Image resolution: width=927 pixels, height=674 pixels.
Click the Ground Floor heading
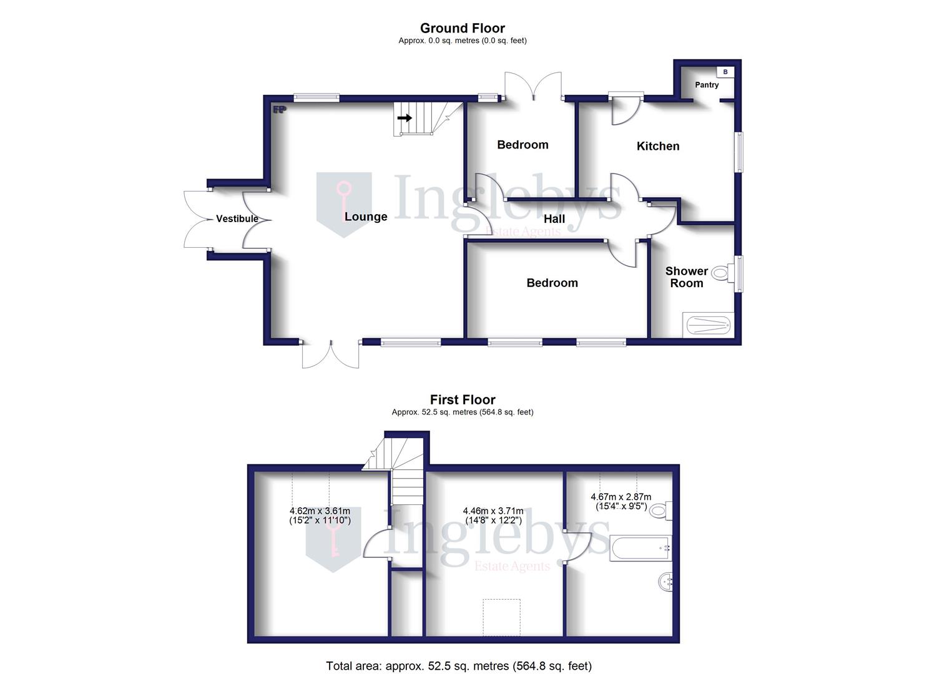click(x=462, y=28)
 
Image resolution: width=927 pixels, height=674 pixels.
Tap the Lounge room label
click(x=366, y=217)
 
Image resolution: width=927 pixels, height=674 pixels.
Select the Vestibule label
click(x=237, y=218)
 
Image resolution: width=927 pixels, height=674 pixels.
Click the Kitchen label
click(x=658, y=146)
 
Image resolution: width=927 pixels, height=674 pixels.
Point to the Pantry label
click(x=707, y=85)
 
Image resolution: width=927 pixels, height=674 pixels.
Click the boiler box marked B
click(x=725, y=72)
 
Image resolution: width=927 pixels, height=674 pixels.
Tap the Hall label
click(x=554, y=219)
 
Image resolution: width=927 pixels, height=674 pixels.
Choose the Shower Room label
click(x=687, y=276)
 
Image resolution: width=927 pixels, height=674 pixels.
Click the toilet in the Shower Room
click(x=722, y=273)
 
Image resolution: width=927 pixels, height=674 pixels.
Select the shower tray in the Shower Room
click(x=707, y=325)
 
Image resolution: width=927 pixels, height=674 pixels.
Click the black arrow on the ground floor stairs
click(x=405, y=117)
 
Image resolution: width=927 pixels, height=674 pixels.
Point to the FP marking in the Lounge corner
click(x=279, y=110)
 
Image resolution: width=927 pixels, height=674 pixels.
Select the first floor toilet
click(x=660, y=510)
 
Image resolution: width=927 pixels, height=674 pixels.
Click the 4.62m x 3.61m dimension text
click(x=320, y=515)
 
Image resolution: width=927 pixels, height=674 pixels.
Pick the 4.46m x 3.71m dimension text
click(x=493, y=515)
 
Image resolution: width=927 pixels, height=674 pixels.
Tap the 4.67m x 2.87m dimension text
click(x=620, y=501)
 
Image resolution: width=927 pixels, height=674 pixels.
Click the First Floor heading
click(x=462, y=399)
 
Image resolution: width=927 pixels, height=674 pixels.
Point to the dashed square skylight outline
click(x=502, y=617)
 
